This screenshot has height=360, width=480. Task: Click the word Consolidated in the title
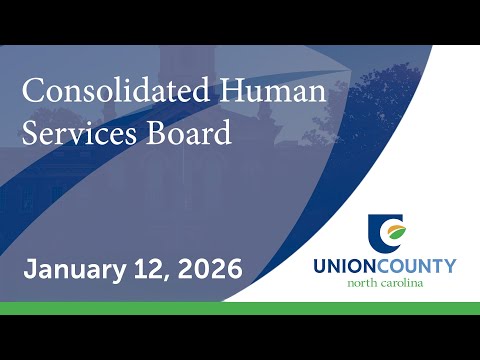(x=116, y=90)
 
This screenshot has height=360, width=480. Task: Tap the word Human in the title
(x=273, y=90)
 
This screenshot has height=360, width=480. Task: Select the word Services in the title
(x=79, y=133)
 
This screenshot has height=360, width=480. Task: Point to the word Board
(x=189, y=132)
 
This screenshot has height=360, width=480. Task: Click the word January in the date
(x=74, y=270)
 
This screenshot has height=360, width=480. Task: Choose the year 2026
(x=210, y=269)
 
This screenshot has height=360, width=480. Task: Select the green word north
(x=362, y=283)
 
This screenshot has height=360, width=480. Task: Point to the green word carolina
(x=402, y=283)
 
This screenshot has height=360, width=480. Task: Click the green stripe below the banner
(x=240, y=308)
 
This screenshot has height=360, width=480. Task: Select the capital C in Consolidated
(x=32, y=90)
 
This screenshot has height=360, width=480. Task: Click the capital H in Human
(x=232, y=90)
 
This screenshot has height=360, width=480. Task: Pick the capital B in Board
(x=156, y=132)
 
